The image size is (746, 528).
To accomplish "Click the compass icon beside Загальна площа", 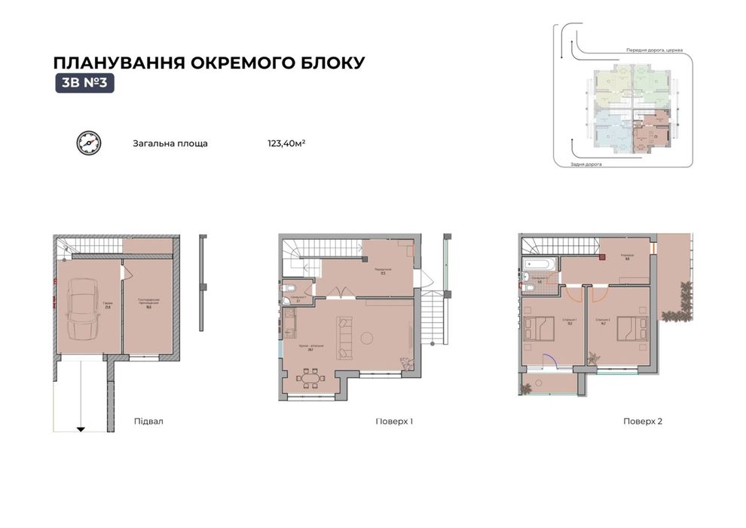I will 87,143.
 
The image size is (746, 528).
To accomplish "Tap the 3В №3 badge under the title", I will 84,84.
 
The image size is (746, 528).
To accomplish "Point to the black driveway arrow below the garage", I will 81,428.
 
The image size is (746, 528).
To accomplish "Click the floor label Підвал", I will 148,422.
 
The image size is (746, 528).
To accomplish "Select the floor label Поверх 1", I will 394,422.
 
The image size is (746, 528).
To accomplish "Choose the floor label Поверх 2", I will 643,422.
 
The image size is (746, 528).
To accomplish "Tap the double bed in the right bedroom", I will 629,328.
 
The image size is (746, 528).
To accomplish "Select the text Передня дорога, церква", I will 654,51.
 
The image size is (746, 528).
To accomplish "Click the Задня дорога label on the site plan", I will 586,164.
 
